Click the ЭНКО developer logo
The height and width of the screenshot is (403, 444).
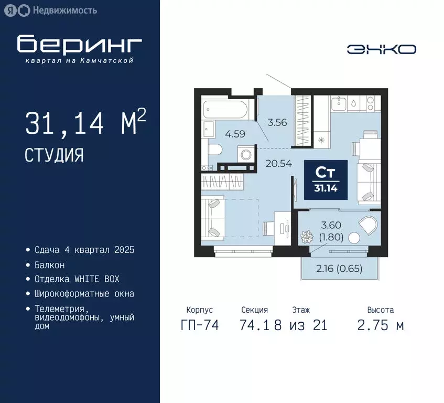tap(381, 49)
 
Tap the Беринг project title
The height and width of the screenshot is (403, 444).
tap(79, 45)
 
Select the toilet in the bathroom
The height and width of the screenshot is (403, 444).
tap(215, 149)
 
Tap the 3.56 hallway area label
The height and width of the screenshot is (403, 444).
tap(277, 122)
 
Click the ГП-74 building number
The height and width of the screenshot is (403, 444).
tap(200, 325)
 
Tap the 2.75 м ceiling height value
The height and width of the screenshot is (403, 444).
tap(381, 325)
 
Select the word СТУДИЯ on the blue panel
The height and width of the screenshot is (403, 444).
tap(54, 155)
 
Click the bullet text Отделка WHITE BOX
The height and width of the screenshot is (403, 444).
tap(77, 279)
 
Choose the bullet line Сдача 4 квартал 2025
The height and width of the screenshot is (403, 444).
tap(84, 250)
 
